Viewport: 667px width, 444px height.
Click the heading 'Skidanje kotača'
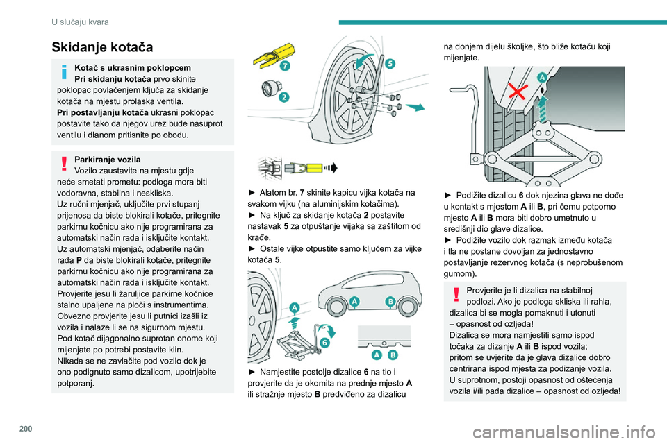pos(101,47)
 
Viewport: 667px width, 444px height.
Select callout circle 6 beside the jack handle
pos(325,341)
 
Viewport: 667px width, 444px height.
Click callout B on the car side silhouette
pos(390,301)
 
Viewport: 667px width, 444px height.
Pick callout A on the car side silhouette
pos(354,301)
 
